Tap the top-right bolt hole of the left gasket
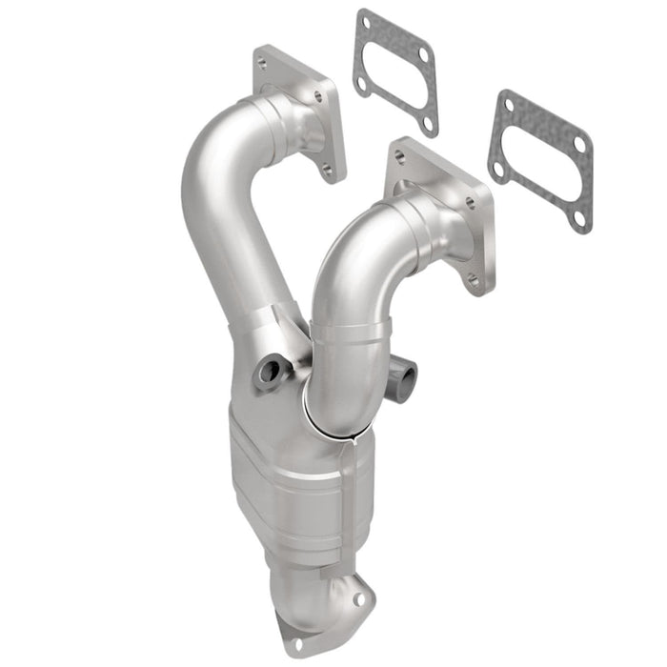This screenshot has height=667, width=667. click(x=422, y=54)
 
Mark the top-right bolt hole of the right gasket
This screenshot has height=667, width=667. click(x=579, y=143)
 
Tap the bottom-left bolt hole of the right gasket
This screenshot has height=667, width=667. click(x=496, y=170)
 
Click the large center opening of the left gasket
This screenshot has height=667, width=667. click(x=394, y=73)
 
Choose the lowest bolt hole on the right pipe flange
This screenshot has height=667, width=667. click(x=473, y=279)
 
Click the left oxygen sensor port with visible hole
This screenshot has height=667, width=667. click(x=268, y=374)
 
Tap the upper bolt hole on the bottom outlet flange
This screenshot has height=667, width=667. click(x=360, y=600)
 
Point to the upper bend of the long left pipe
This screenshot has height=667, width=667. click(x=214, y=152)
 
